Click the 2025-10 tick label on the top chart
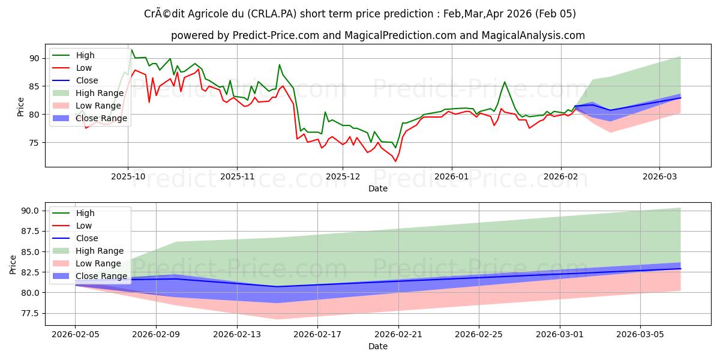tap(127, 178)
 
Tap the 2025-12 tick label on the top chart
tap(343, 178)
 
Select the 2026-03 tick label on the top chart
tap(659, 178)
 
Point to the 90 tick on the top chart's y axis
tap(34, 58)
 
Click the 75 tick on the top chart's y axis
tap(34, 143)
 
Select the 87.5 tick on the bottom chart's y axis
tap(29, 231)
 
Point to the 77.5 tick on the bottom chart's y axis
tap(29, 313)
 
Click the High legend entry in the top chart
tap(85, 55)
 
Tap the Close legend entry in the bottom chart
tap(87, 238)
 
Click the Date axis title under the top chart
tap(378, 188)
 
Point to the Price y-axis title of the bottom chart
tap(13, 263)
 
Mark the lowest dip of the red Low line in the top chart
tap(395, 161)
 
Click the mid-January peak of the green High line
tap(505, 82)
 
